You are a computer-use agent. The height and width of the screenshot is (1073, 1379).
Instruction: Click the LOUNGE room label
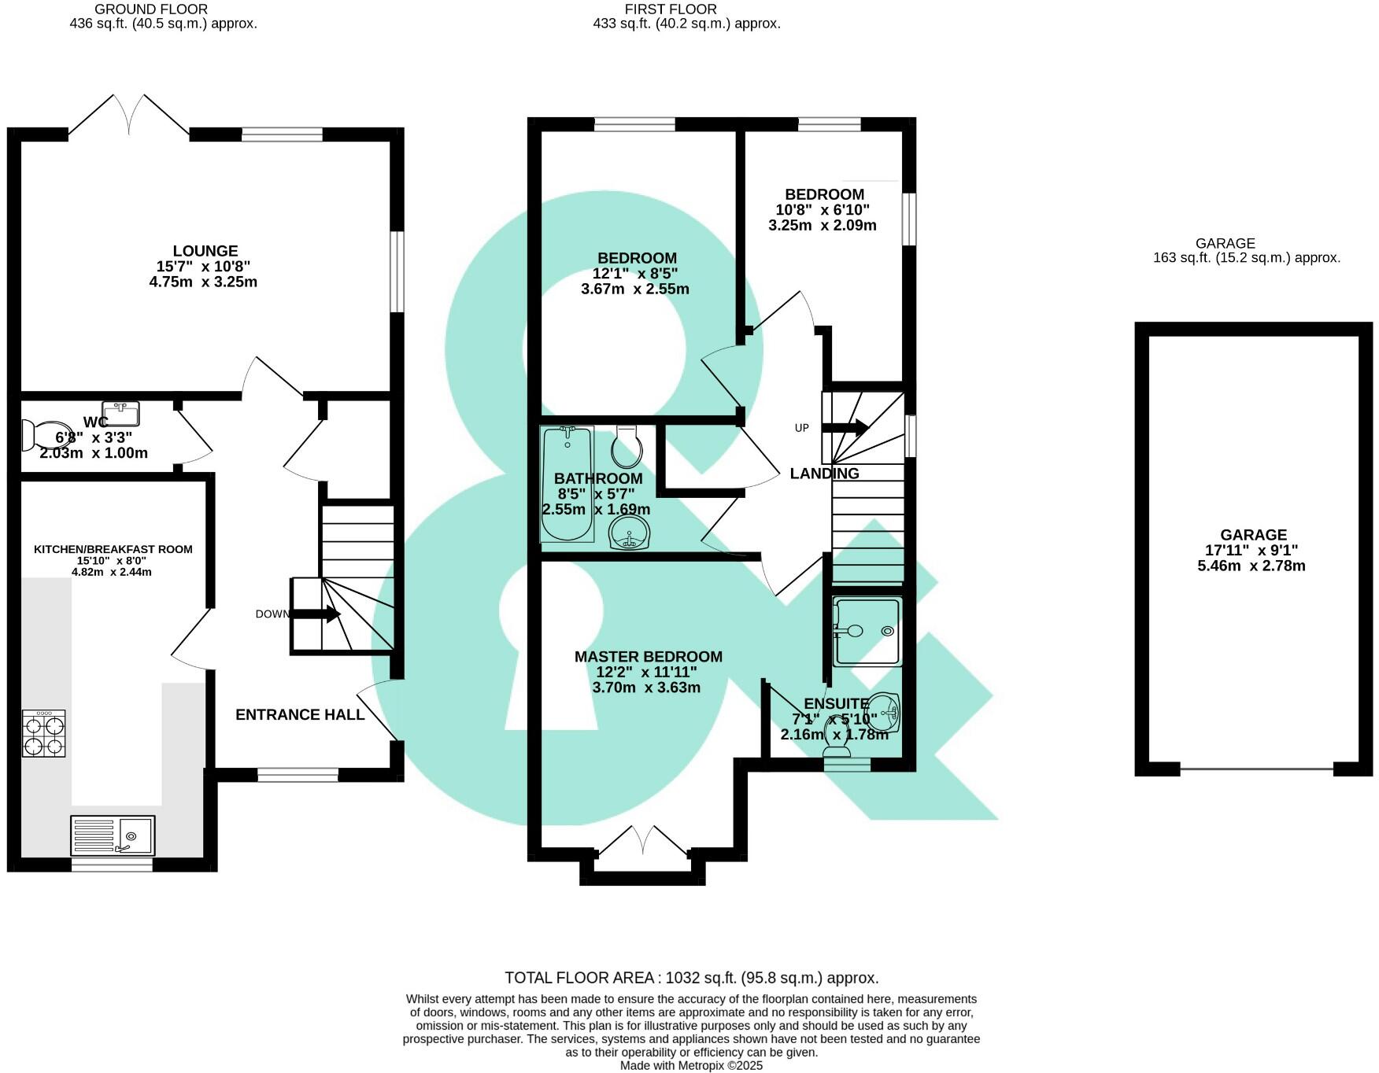205,252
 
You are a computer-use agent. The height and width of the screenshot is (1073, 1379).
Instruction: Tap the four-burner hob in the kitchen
44,733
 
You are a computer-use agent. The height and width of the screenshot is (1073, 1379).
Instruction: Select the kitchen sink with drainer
113,835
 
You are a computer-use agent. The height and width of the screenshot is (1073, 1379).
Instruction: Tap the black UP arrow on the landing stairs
845,428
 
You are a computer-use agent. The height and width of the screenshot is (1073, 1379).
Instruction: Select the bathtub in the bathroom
567,484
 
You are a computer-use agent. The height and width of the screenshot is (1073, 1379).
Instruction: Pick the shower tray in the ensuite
867,631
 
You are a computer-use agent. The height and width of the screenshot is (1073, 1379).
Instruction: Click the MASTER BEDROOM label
648,657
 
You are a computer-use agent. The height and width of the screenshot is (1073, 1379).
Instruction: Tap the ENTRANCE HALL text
300,714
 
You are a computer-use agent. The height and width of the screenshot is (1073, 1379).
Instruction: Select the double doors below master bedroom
643,839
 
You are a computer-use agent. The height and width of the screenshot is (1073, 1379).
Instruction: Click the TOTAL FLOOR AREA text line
691,978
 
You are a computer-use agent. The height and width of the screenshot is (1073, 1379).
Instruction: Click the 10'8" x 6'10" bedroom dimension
823,210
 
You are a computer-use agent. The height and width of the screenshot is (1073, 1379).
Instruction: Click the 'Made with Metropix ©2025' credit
691,1066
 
